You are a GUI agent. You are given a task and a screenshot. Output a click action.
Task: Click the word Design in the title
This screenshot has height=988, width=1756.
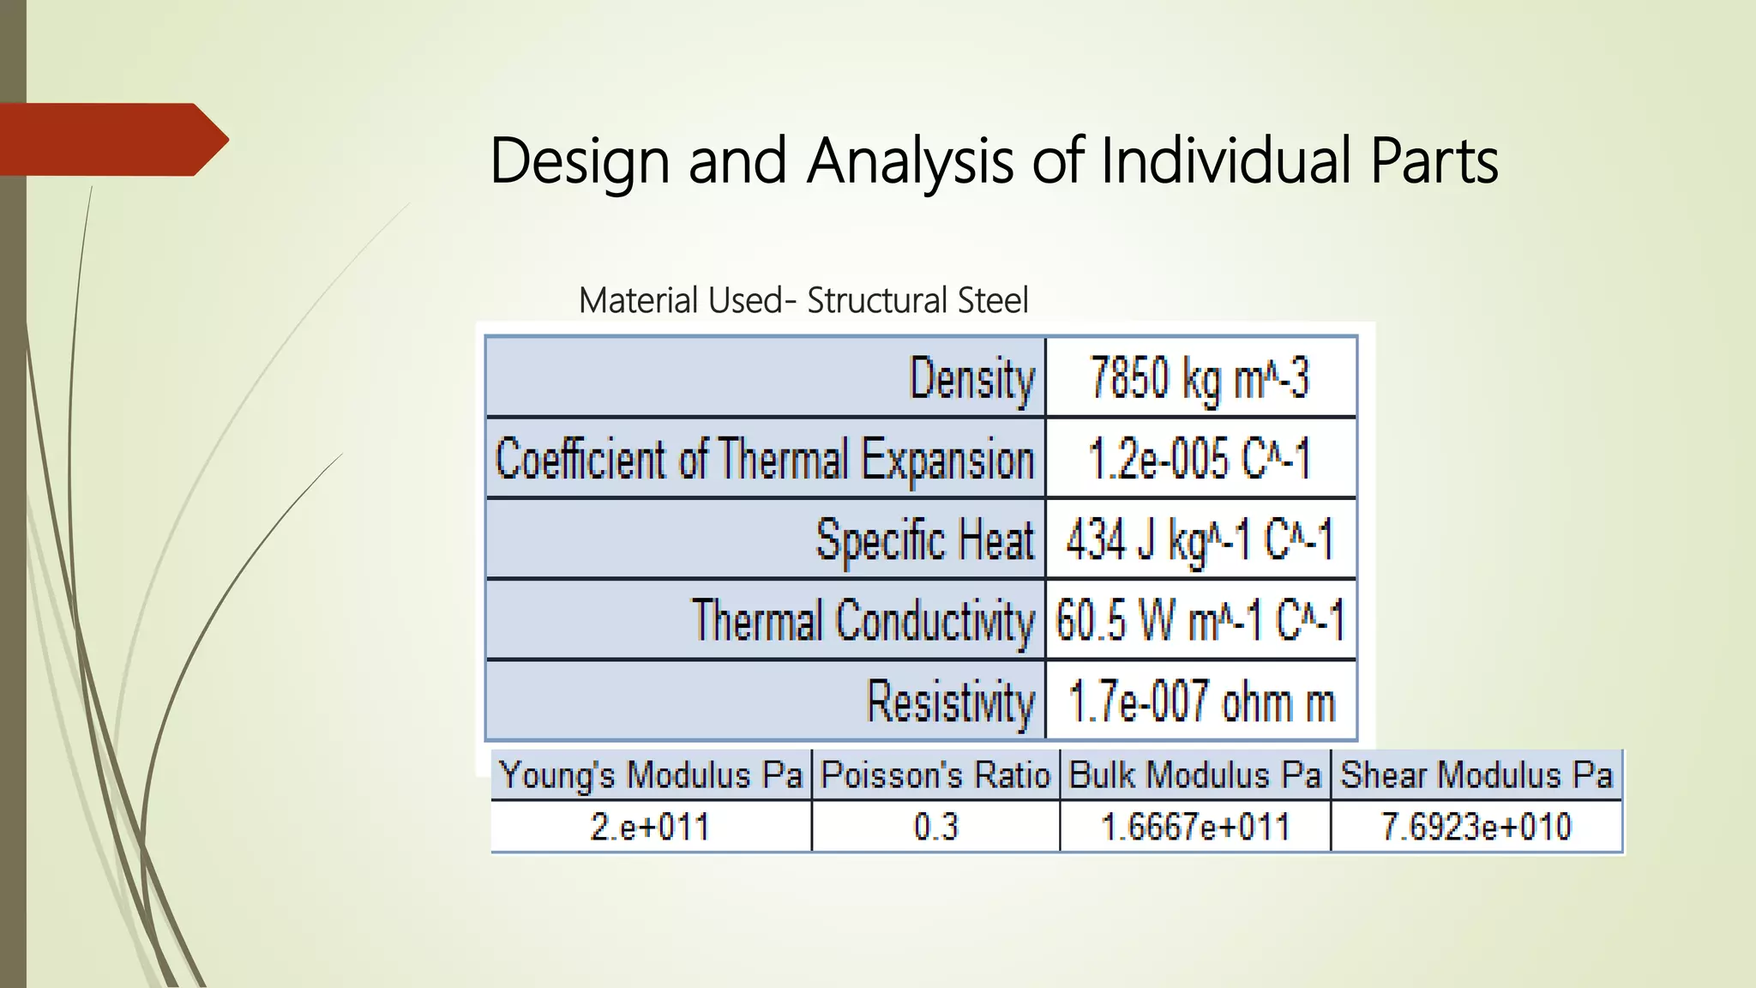click(579, 161)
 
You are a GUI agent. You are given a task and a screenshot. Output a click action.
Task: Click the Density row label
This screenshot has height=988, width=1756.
click(971, 378)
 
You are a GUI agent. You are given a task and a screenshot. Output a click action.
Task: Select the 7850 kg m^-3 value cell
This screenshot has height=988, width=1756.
click(1200, 378)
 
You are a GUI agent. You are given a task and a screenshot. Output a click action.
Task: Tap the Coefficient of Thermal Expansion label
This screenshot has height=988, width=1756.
click(765, 459)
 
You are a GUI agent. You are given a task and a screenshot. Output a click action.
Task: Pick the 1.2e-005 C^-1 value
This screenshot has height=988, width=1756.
click(1200, 459)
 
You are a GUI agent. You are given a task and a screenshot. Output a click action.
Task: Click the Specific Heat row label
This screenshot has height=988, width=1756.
click(925, 540)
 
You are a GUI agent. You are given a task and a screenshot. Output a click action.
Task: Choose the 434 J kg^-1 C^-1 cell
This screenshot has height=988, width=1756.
click(1200, 540)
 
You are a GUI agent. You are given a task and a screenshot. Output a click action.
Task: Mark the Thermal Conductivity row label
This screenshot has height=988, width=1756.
click(863, 621)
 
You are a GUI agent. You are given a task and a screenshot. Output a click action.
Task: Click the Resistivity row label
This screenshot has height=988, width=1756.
click(951, 702)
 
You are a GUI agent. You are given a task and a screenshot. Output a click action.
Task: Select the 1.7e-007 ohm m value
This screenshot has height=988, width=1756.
click(1201, 702)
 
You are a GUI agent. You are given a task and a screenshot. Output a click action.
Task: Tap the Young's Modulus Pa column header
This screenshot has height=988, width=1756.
click(651, 775)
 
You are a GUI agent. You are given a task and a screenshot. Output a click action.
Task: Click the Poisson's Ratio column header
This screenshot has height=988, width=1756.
click(935, 775)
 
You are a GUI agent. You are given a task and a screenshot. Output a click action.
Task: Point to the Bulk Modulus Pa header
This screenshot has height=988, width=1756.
click(1195, 775)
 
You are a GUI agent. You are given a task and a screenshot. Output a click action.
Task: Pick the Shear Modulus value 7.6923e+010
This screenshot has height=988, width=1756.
click(1476, 827)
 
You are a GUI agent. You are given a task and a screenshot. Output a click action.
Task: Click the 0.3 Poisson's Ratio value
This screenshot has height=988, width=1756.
click(935, 827)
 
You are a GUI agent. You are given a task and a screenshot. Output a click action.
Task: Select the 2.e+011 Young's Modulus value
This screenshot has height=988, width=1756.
click(651, 827)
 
